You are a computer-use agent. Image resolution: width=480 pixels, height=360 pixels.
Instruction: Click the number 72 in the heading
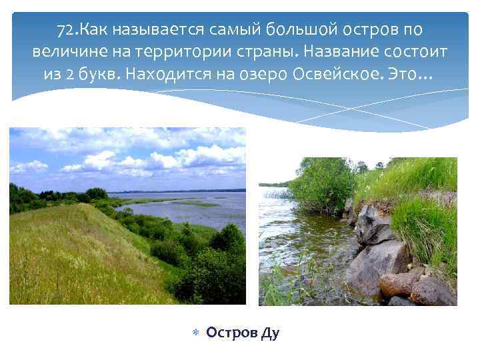pos(65,30)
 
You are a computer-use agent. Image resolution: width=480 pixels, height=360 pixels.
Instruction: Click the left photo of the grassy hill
pos(127,216)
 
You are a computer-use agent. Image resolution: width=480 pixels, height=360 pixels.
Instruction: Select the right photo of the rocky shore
pos(358,231)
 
